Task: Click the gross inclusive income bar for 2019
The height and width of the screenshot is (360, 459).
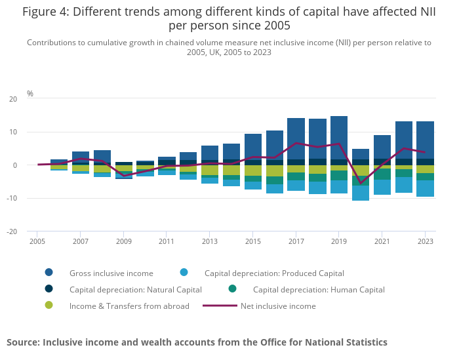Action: [339, 134]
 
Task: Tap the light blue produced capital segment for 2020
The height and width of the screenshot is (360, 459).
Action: [361, 193]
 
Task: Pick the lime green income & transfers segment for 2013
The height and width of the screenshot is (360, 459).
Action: [210, 170]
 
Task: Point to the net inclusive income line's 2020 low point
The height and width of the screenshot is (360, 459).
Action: [361, 183]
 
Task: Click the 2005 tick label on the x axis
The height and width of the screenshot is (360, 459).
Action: [37, 241]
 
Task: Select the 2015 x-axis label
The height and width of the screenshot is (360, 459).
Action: [253, 241]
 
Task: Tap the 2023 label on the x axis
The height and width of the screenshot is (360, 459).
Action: [425, 241]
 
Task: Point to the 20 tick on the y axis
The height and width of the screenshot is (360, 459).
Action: [13, 99]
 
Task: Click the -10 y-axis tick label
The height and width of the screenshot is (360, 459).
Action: [12, 199]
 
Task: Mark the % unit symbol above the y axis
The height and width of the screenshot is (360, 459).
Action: [30, 94]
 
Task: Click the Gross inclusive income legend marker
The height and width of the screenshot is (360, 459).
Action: [49, 273]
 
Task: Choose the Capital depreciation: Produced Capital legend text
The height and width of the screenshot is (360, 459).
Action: [274, 273]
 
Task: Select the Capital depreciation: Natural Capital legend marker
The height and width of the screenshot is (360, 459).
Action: [49, 289]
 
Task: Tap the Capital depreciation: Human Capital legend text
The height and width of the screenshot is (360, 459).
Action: [319, 289]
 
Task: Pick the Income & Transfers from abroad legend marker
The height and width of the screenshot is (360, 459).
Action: [49, 306]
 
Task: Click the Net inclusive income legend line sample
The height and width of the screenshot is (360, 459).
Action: [219, 306]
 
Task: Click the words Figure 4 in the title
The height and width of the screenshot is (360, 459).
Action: [47, 12]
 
